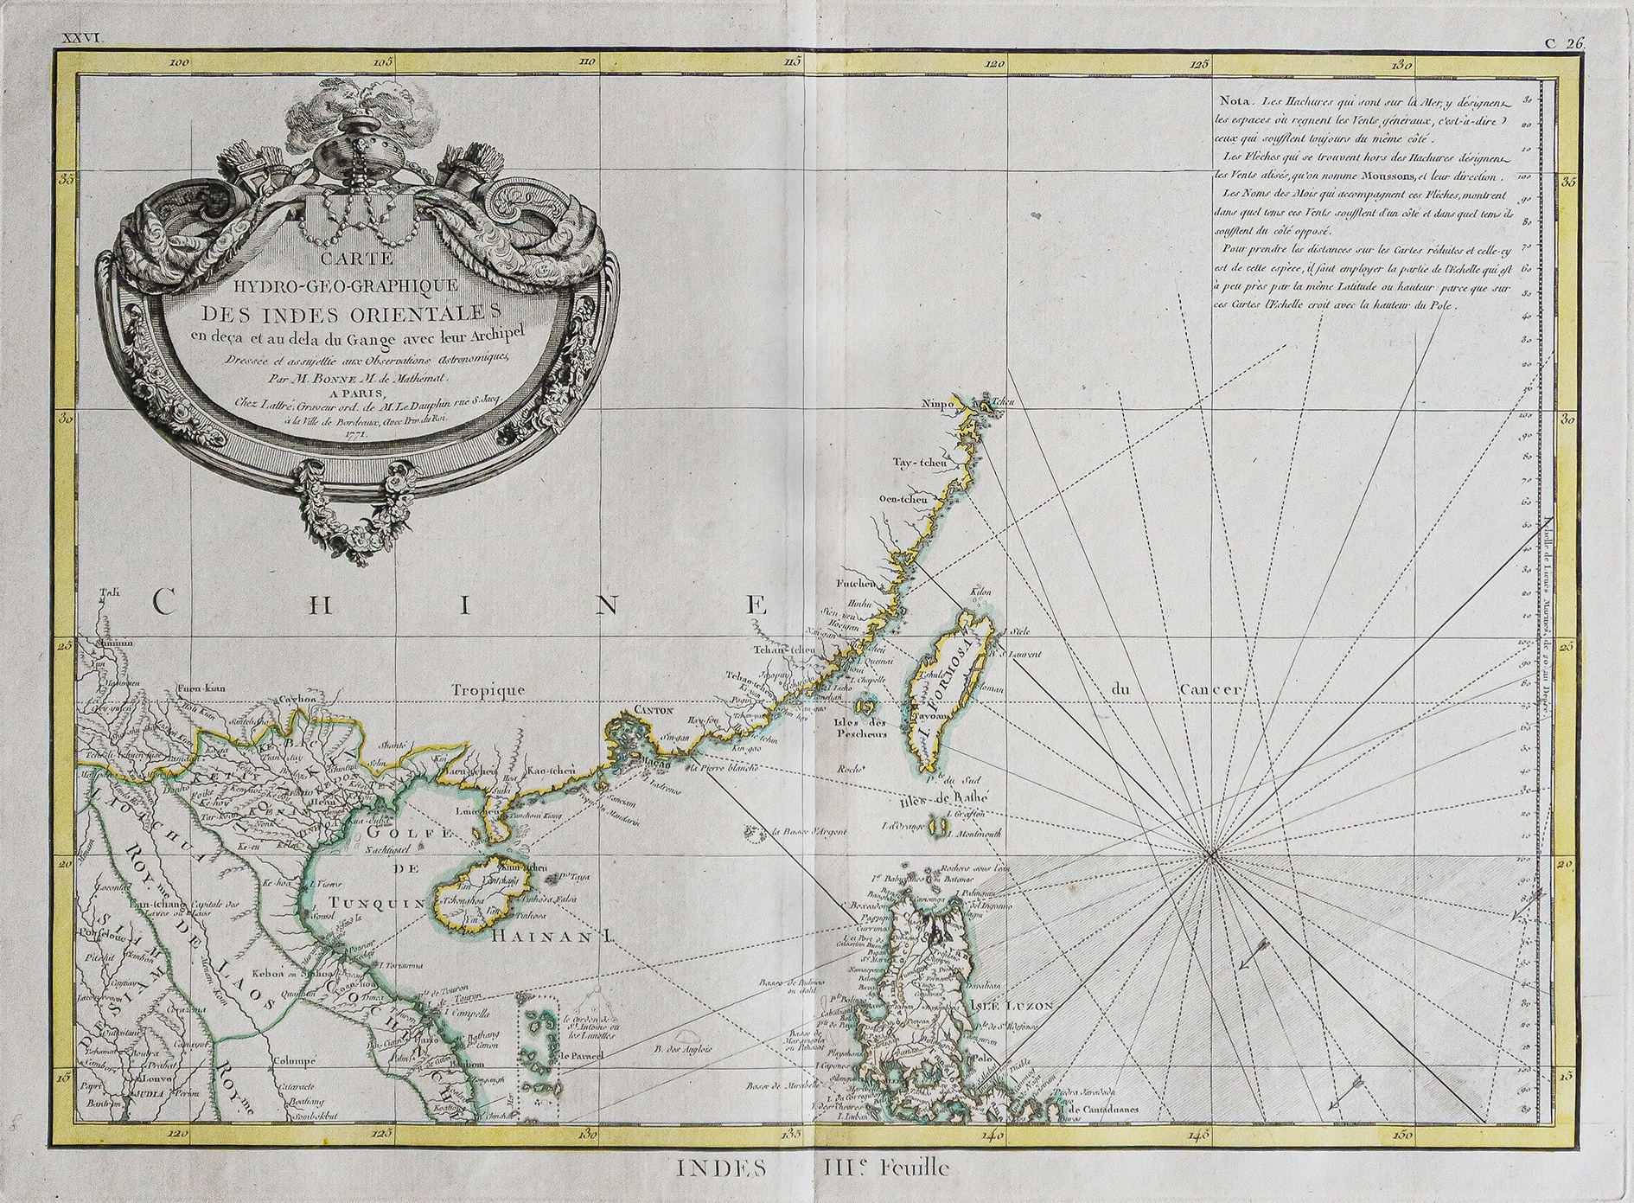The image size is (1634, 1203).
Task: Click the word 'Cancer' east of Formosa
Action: pos(1210,690)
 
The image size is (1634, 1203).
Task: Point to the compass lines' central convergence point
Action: pos(1212,856)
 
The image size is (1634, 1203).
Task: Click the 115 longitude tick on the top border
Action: pos(795,62)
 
